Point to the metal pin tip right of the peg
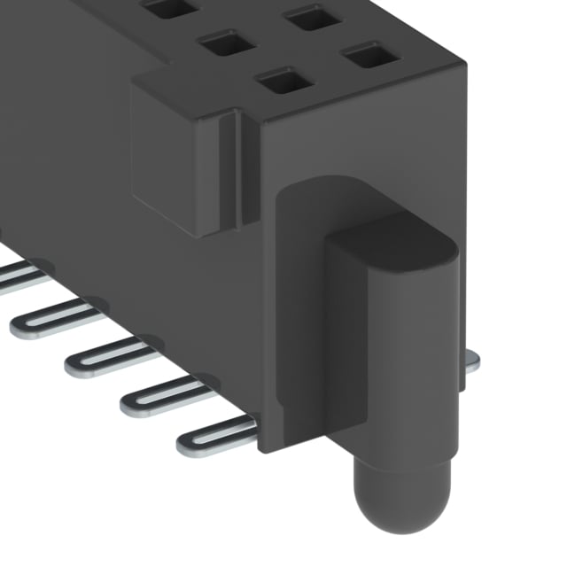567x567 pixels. [471, 359]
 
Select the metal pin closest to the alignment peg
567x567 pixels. [217, 436]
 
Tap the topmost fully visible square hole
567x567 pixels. [313, 17]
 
